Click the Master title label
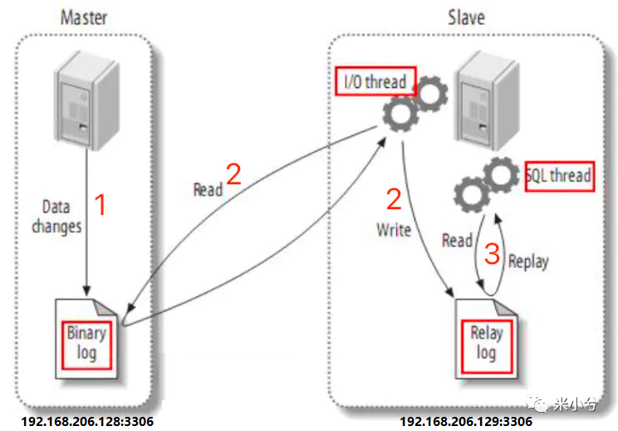click(x=85, y=17)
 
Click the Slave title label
click(x=466, y=17)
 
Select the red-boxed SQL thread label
click(x=559, y=176)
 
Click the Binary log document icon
click(x=86, y=341)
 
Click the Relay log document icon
click(x=485, y=341)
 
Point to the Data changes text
click(x=56, y=216)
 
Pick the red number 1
click(x=101, y=205)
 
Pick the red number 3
click(x=492, y=254)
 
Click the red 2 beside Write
click(x=395, y=199)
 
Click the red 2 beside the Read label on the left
click(x=233, y=174)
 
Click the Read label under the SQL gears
click(x=457, y=240)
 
